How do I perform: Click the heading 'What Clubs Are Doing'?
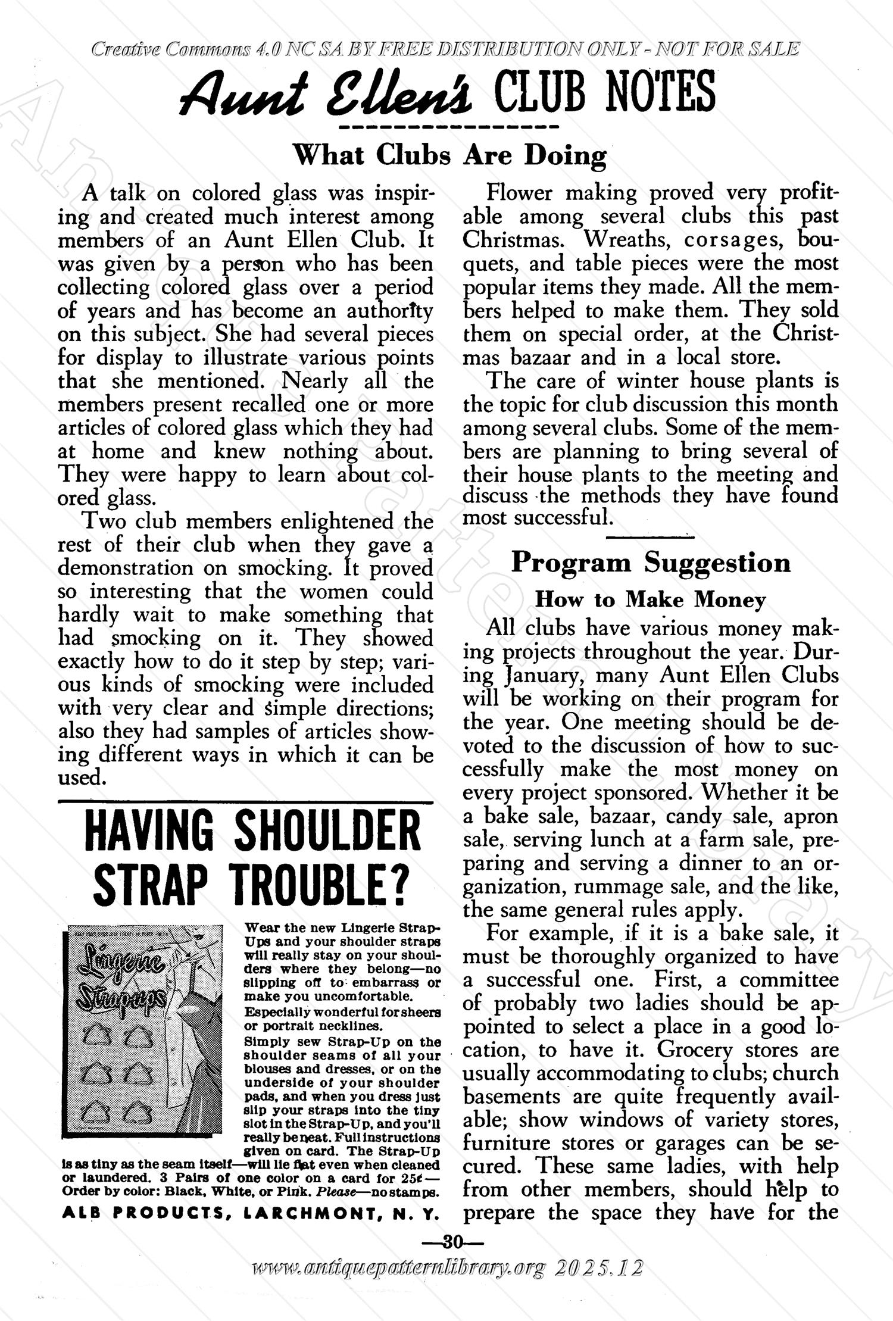coord(450,155)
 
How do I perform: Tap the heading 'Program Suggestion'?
coord(651,563)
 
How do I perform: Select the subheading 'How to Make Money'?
coord(650,599)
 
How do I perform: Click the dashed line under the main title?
coord(447,127)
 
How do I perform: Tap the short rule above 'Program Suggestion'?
coord(650,538)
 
